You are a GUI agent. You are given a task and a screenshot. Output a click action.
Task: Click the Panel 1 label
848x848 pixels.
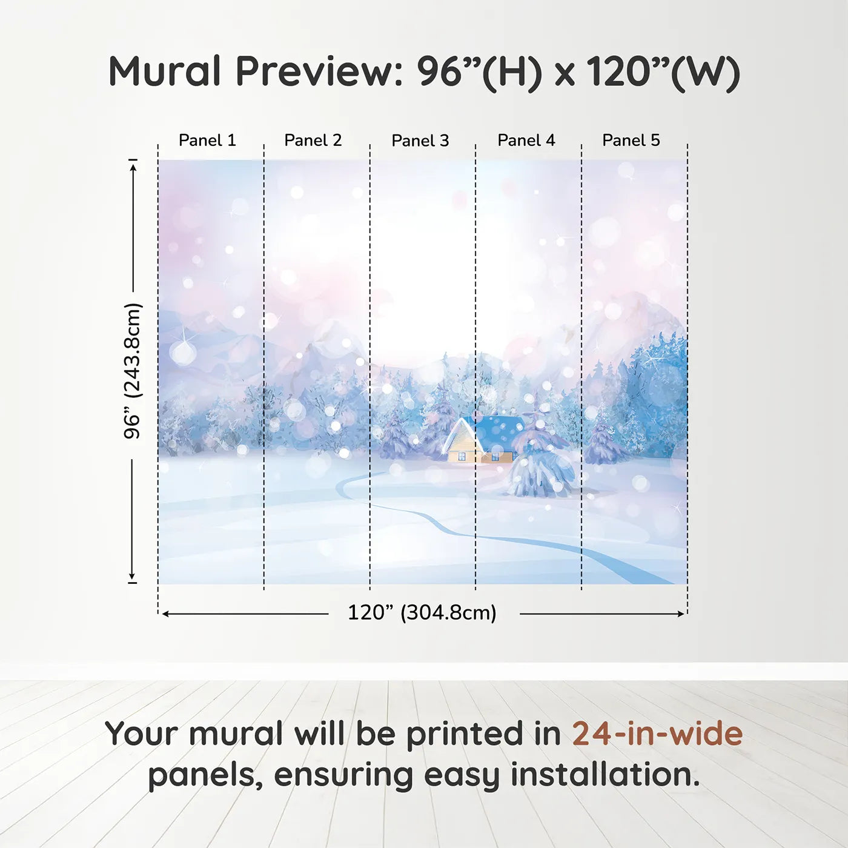pos(207,141)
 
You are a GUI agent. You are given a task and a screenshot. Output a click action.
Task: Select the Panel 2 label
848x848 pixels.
pos(313,141)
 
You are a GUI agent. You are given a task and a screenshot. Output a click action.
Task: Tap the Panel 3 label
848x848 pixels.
pos(420,141)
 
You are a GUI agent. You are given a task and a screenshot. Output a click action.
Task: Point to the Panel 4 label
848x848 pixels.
pos(526,141)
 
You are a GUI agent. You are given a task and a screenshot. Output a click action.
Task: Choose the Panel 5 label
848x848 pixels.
pos(631,141)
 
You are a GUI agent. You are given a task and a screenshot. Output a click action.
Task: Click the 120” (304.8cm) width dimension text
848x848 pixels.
pos(422,612)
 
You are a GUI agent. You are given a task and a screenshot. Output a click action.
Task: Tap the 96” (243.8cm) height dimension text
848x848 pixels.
pos(132,371)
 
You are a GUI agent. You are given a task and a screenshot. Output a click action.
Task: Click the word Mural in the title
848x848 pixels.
pos(164,71)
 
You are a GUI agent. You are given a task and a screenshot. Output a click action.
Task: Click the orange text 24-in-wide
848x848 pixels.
pos(657,734)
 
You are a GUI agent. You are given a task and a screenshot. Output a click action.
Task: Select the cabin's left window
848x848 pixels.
pos(462,456)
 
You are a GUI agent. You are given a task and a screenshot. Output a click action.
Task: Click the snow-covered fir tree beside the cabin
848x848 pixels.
pos(541,466)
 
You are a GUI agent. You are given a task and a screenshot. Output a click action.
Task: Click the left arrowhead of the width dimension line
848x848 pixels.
pos(165,614)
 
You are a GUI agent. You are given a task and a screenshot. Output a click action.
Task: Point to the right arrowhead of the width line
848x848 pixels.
pos(681,614)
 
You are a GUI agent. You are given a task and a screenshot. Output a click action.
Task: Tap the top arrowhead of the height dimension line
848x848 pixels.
pos(133,165)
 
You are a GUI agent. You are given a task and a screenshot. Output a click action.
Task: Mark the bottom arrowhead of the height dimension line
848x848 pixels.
pos(132,577)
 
